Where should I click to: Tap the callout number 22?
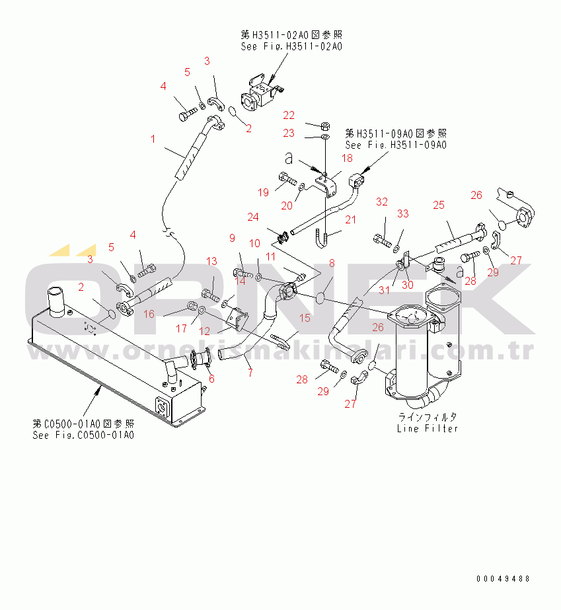289,116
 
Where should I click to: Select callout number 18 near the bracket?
347,158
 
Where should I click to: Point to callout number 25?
439,206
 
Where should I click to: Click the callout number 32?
382,202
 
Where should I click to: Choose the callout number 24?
254,216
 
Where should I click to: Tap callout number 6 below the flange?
211,379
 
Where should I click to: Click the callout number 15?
304,319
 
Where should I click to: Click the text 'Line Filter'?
427,428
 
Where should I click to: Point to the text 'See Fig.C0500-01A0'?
83,435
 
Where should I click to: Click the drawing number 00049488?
504,579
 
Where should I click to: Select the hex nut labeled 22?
325,125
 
